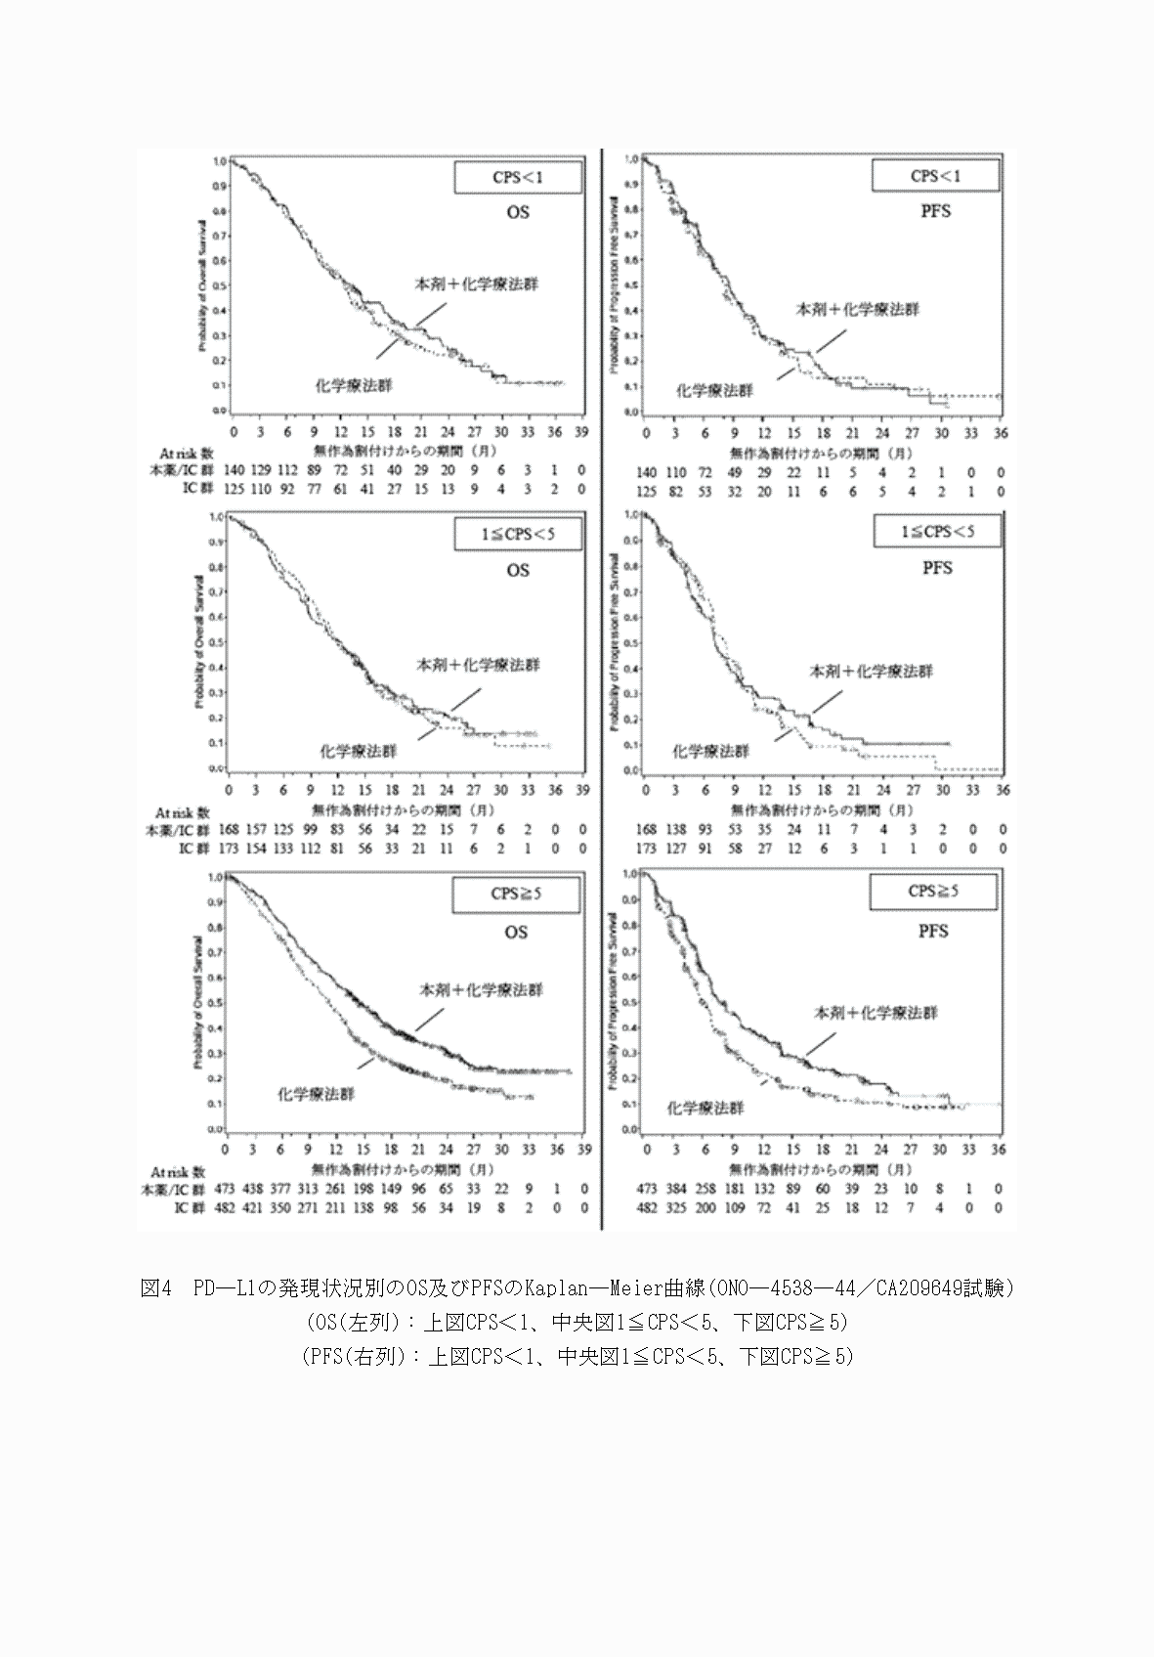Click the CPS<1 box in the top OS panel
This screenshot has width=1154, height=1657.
[518, 178]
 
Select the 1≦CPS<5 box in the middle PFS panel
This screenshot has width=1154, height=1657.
[936, 532]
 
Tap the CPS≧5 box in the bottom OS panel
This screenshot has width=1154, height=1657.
[518, 893]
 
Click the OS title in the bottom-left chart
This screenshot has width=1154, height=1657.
[517, 932]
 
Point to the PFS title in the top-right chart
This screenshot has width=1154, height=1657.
[936, 210]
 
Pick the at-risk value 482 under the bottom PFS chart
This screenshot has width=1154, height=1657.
[647, 1208]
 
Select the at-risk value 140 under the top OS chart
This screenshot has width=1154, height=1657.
[234, 471]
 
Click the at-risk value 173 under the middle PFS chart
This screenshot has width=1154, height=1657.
[647, 849]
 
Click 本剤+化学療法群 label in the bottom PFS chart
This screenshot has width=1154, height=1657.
[876, 1014]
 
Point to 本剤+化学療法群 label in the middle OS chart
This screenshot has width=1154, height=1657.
[478, 665]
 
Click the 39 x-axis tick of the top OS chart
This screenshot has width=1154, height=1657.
[581, 431]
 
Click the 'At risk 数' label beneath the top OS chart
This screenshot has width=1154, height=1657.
[186, 454]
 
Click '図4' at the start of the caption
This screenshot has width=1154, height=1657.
[155, 1288]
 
